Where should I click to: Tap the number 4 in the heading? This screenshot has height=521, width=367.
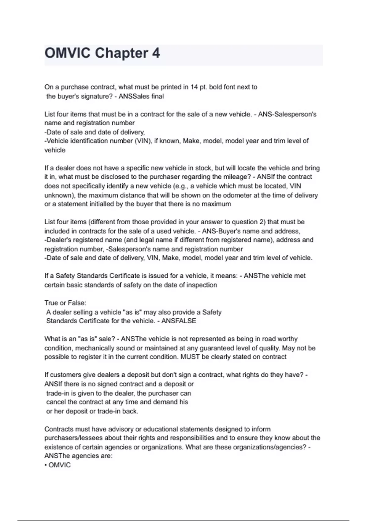156,53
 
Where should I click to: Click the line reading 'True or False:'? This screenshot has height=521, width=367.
65,303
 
